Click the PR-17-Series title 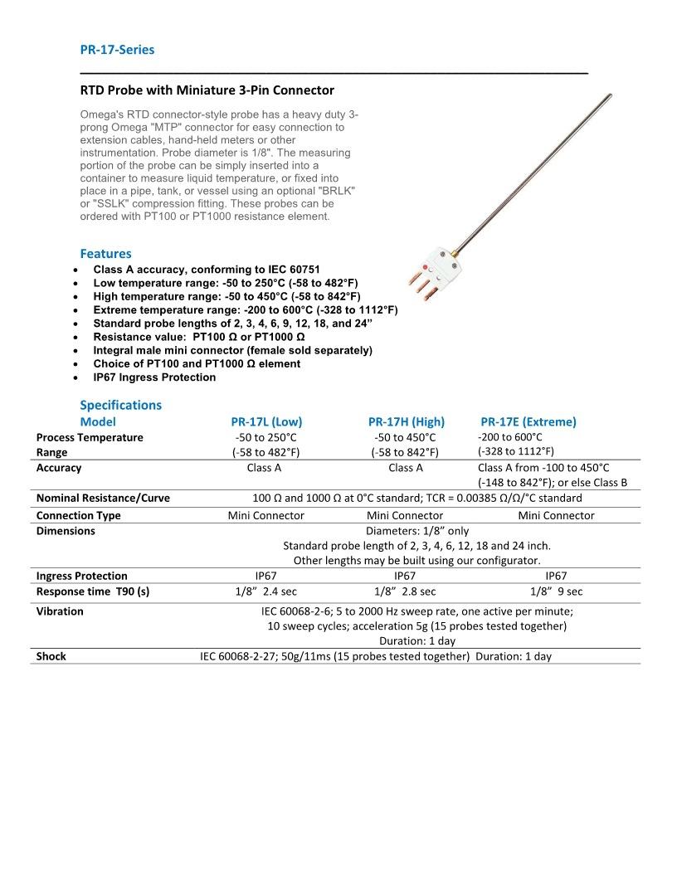(117, 50)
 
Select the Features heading (105, 254)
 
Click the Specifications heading (120, 405)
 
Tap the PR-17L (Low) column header (266, 421)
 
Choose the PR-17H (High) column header (406, 421)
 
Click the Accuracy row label (59, 468)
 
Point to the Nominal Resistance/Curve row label (103, 499)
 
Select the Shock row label (51, 656)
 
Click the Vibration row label (60, 611)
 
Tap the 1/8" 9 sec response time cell (556, 591)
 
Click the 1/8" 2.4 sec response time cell (266, 591)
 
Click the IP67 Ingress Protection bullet (154, 377)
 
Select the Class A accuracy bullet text (207, 270)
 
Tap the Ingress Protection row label (82, 576)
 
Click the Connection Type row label (78, 516)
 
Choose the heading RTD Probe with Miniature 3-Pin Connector (207, 90)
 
